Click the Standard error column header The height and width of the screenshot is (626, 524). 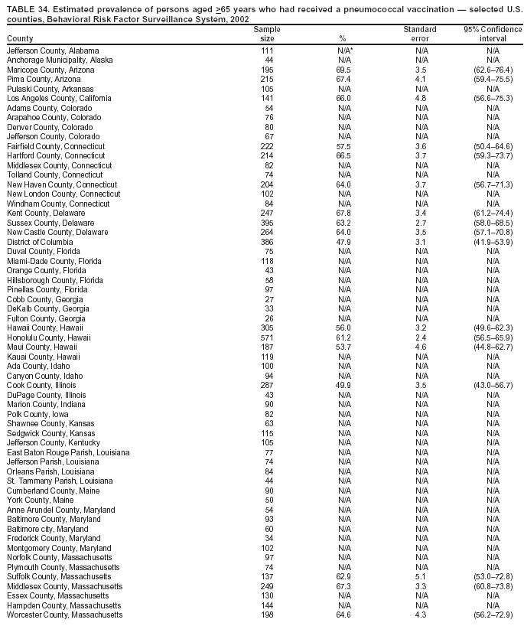click(x=420, y=34)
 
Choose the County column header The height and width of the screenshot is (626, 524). click(x=20, y=39)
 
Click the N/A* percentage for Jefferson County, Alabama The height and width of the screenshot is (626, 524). click(x=346, y=51)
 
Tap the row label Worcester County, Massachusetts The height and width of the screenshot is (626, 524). click(x=64, y=615)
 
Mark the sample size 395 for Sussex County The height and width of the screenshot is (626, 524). click(x=267, y=223)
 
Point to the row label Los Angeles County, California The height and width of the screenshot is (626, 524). click(x=59, y=99)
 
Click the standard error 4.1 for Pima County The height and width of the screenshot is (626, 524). click(x=420, y=80)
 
